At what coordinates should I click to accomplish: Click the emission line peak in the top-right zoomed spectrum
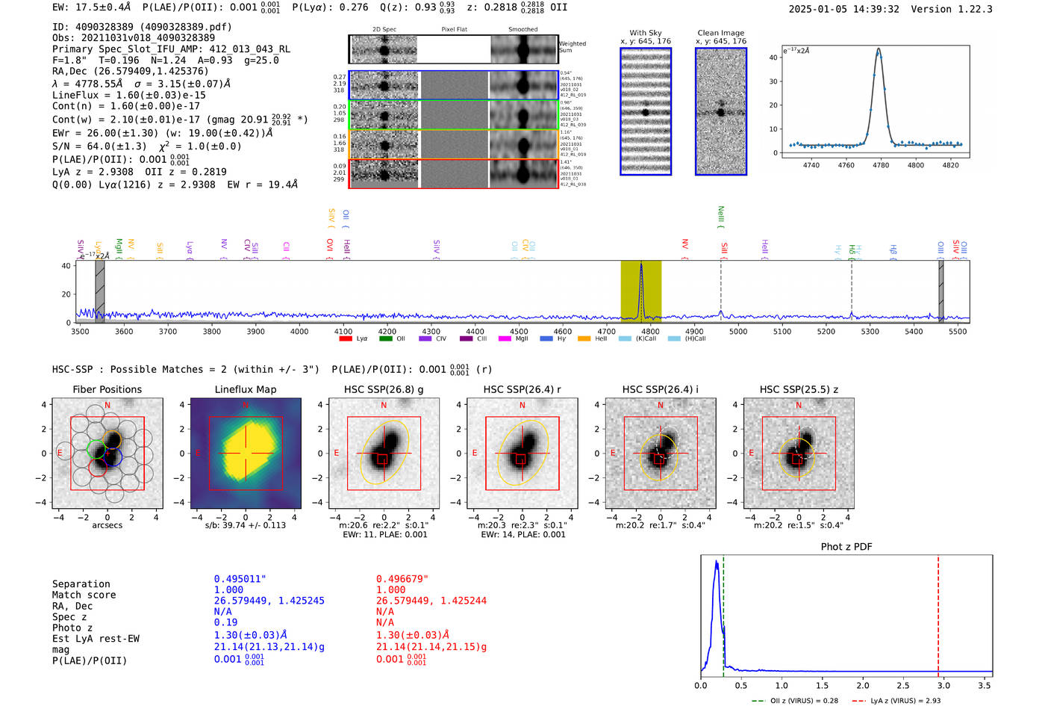879,50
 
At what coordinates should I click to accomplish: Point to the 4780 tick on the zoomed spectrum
881,165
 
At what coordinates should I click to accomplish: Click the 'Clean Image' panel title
720,33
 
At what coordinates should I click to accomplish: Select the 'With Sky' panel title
645,33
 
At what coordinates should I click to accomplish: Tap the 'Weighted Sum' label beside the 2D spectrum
572,46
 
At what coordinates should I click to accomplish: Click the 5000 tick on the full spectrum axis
738,331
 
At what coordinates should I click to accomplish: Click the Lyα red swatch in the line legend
346,339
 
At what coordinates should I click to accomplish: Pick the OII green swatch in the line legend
386,339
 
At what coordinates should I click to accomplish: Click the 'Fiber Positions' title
107,389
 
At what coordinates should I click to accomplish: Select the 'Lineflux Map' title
245,389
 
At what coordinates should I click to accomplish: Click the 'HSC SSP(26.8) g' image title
384,389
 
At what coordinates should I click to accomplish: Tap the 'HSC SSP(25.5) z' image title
799,389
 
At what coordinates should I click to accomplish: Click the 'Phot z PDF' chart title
846,547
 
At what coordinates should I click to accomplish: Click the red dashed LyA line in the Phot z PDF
938,613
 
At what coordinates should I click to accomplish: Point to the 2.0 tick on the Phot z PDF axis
862,685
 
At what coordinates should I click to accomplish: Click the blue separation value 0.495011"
240,579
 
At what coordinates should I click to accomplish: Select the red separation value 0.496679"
402,579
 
